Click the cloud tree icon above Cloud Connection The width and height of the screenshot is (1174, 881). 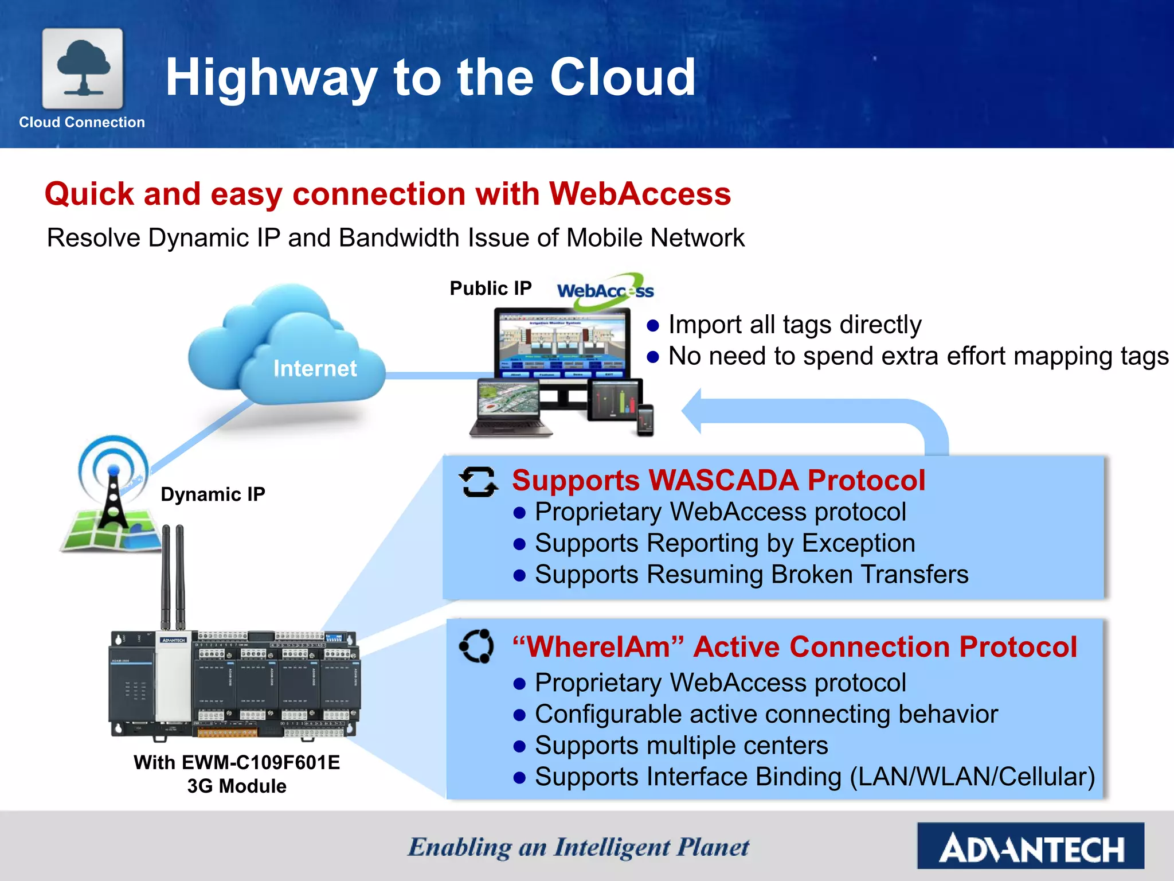pyautogui.click(x=83, y=68)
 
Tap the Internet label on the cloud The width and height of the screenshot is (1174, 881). pyautogui.click(x=315, y=368)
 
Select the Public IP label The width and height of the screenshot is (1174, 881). pyautogui.click(x=490, y=288)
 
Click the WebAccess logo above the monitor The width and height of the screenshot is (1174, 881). pyautogui.click(x=605, y=291)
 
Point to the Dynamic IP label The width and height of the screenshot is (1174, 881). pyautogui.click(x=213, y=494)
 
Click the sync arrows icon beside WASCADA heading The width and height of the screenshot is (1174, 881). pyautogui.click(x=478, y=482)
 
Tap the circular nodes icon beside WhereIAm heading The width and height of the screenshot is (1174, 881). pyautogui.click(x=476, y=646)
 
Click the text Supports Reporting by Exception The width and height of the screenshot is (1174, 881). pyautogui.click(x=725, y=543)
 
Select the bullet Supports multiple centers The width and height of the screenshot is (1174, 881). pyautogui.click(x=681, y=746)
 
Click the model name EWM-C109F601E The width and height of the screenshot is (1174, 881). pyautogui.click(x=261, y=762)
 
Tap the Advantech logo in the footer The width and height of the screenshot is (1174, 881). pyautogui.click(x=1030, y=846)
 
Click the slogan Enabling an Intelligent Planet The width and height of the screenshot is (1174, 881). pyautogui.click(x=578, y=847)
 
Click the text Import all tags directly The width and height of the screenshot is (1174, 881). pyautogui.click(x=795, y=325)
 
